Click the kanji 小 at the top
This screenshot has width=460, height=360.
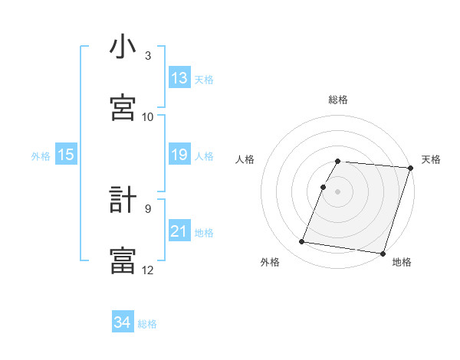[x=123, y=48]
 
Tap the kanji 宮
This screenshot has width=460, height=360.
[x=123, y=108]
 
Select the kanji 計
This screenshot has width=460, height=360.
[x=123, y=201]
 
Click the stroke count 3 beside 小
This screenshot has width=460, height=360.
[x=148, y=56]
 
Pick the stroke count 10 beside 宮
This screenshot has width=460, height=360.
[x=148, y=116]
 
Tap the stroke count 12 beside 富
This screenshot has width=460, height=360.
[x=148, y=270]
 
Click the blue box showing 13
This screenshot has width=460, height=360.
[x=179, y=78]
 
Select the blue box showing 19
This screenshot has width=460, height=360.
[x=179, y=155]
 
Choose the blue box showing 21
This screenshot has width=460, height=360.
[x=179, y=231]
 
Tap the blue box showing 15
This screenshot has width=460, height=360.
[x=66, y=155]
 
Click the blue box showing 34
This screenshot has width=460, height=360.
[x=122, y=322]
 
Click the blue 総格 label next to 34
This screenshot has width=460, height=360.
[x=148, y=324]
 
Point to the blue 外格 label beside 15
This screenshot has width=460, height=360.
[x=41, y=156]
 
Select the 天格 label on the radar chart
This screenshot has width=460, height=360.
[x=431, y=159]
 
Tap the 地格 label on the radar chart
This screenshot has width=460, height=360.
[x=402, y=262]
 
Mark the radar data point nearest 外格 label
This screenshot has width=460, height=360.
[x=302, y=242]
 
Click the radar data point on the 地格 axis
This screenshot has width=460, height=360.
[x=383, y=254]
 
